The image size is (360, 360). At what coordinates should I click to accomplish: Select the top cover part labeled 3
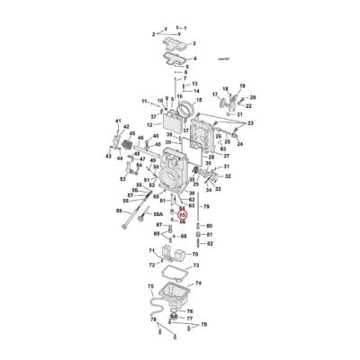pos(171,40)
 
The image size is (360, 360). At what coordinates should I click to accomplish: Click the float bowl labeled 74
pos(175,293)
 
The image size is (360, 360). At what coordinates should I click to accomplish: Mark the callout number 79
pos(205,207)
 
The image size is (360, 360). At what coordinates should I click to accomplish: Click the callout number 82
pos(209,244)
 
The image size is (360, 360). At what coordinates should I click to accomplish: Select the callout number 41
pos(117,120)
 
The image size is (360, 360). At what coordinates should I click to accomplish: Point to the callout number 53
pos(123,179)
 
